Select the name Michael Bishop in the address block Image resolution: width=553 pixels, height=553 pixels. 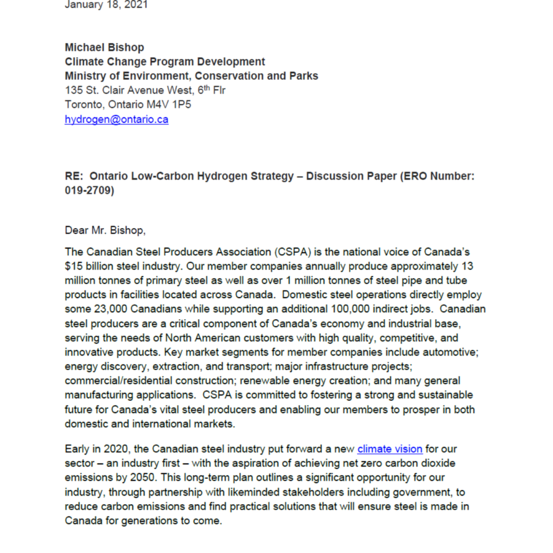coord(104,47)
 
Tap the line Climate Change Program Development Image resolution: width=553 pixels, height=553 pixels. coord(165,62)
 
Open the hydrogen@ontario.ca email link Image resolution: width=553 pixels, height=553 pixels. coord(116,119)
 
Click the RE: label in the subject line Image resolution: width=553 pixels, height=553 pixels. coord(74,177)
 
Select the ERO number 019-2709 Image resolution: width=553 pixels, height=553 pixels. coord(89,191)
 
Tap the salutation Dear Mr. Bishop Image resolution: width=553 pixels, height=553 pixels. coord(105,230)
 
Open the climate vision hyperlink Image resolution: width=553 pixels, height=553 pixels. coord(390,449)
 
